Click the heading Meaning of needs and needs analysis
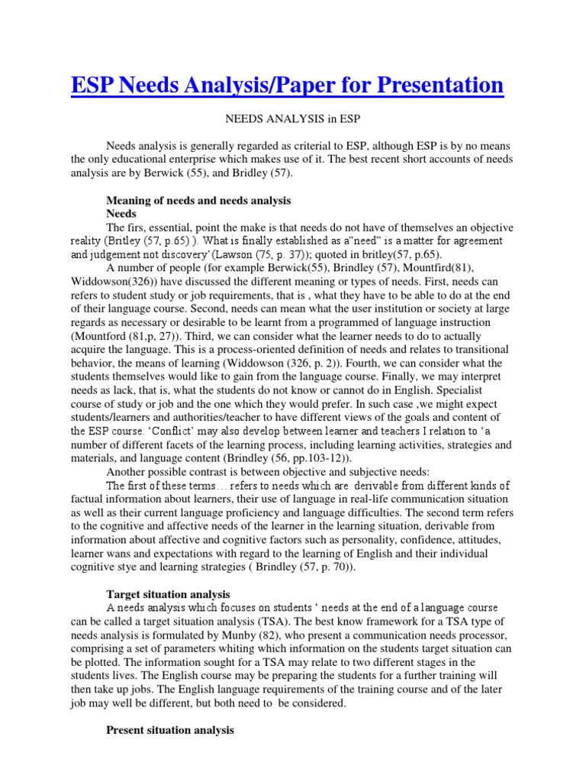tap(198, 201)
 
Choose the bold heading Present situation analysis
tap(169, 731)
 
